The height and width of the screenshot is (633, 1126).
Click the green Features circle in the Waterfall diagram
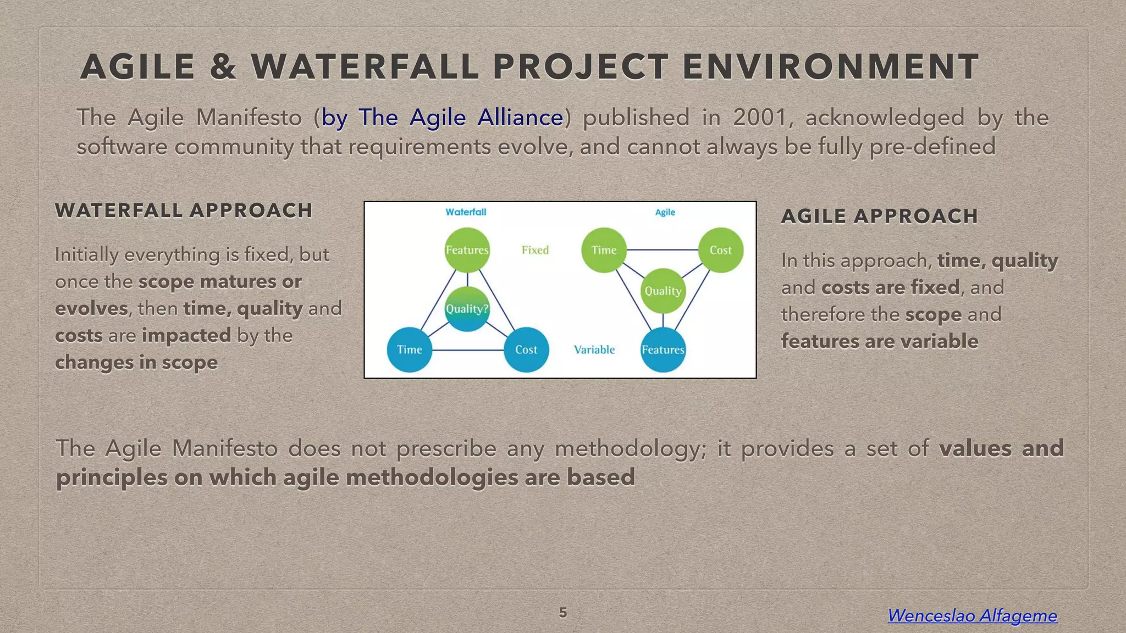[x=467, y=250]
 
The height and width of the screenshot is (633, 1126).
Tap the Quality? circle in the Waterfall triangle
[x=467, y=309]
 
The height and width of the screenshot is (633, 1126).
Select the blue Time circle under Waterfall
[x=409, y=349]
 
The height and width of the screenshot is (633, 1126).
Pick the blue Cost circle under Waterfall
[x=526, y=349]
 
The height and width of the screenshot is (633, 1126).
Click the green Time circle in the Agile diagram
[x=604, y=250]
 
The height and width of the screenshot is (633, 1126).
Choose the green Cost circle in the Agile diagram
[x=720, y=250]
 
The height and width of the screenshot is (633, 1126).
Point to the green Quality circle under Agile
[x=663, y=291]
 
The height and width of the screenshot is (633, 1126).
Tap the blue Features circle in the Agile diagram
[x=663, y=349]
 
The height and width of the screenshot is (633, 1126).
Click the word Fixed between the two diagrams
[x=535, y=250]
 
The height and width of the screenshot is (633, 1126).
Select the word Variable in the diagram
[x=594, y=349]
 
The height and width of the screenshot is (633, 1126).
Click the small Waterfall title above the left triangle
[x=466, y=212]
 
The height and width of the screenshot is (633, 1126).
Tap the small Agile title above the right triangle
[x=665, y=212]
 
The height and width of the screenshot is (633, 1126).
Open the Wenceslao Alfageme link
[x=972, y=615]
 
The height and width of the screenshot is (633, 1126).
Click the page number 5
[x=562, y=613]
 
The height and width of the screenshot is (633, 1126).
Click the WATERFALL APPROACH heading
[x=184, y=210]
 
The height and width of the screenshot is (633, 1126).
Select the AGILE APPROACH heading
[x=879, y=216]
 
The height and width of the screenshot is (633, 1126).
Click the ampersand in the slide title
[x=223, y=67]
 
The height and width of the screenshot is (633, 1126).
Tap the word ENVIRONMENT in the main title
[x=830, y=67]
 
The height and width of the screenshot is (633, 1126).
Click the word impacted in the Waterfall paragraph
[x=186, y=335]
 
